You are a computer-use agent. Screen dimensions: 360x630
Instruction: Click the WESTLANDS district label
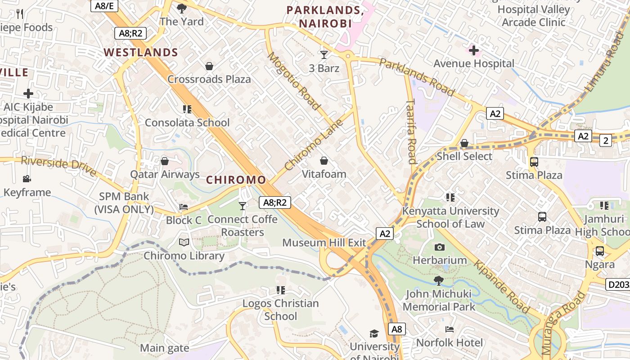pyautogui.click(x=141, y=52)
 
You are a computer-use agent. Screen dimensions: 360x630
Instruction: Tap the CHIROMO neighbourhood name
pyautogui.click(x=236, y=180)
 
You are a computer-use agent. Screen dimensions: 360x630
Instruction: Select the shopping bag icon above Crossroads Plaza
pyautogui.click(x=209, y=67)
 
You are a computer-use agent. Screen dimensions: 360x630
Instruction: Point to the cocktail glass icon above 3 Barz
pyautogui.click(x=324, y=55)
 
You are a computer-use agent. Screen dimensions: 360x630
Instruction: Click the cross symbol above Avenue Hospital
pyautogui.click(x=473, y=50)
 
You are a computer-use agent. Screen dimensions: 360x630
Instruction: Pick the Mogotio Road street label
pyautogui.click(x=294, y=81)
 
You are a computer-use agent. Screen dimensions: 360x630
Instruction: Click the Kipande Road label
pyautogui.click(x=501, y=287)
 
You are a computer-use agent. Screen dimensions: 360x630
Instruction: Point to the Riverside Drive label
pyautogui.click(x=58, y=166)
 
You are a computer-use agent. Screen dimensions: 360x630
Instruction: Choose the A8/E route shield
pyautogui.click(x=104, y=5)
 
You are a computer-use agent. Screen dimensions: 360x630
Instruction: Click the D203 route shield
pyautogui.click(x=618, y=284)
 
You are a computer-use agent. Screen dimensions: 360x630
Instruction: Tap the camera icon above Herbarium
pyautogui.click(x=440, y=247)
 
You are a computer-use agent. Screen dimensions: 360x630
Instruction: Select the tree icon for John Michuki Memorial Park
pyautogui.click(x=438, y=281)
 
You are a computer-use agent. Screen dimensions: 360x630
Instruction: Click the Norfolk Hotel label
pyautogui.click(x=449, y=342)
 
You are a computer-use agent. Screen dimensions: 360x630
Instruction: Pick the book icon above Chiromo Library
pyautogui.click(x=184, y=243)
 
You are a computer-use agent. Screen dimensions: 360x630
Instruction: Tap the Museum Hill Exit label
pyautogui.click(x=324, y=243)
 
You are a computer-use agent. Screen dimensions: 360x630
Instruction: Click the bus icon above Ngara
pyautogui.click(x=599, y=251)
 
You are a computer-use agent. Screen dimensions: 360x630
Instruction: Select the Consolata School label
pyautogui.click(x=187, y=122)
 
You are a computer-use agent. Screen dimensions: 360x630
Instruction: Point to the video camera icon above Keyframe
pyautogui.click(x=27, y=179)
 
